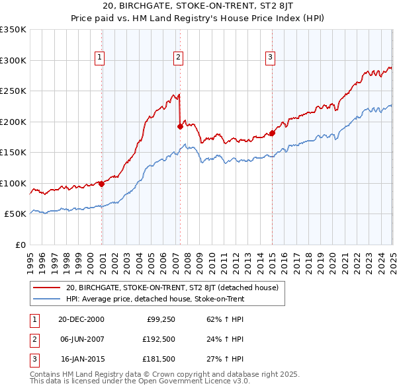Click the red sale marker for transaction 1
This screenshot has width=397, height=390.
[102, 184]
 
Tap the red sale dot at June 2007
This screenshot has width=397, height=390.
[180, 126]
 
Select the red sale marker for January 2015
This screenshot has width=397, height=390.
[272, 134]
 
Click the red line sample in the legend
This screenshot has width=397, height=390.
[47, 288]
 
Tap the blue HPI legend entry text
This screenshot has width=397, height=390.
[155, 299]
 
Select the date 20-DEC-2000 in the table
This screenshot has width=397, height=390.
[81, 319]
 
